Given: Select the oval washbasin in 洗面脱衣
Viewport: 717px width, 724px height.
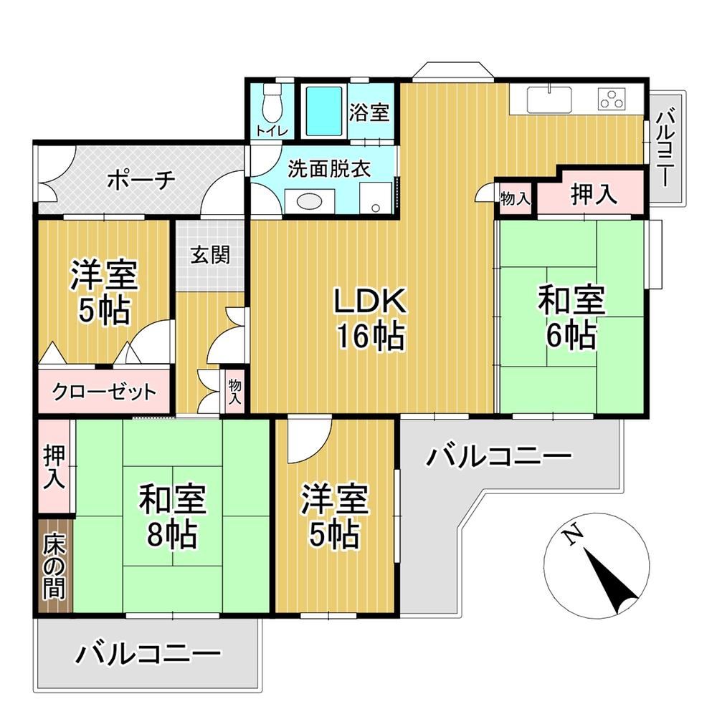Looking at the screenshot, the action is [x=309, y=202].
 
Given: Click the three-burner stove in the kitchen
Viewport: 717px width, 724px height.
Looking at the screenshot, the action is [x=612, y=99].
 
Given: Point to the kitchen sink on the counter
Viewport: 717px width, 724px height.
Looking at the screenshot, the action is [x=549, y=99].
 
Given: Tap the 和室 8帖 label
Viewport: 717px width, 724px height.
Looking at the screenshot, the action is [x=173, y=516].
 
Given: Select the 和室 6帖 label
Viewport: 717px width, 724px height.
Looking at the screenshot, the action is [x=571, y=317].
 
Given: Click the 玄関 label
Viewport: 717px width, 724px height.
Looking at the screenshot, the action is [x=210, y=254].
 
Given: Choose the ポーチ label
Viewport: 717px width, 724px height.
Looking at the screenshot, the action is [x=141, y=180].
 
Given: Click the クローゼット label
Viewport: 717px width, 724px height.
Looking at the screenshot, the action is [x=104, y=392].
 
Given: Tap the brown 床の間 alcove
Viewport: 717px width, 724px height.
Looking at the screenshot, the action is [x=54, y=566].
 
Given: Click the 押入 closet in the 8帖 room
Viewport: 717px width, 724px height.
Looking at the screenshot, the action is [x=54, y=466].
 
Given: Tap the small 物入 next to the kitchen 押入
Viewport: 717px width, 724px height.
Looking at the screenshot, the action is [x=516, y=199].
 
